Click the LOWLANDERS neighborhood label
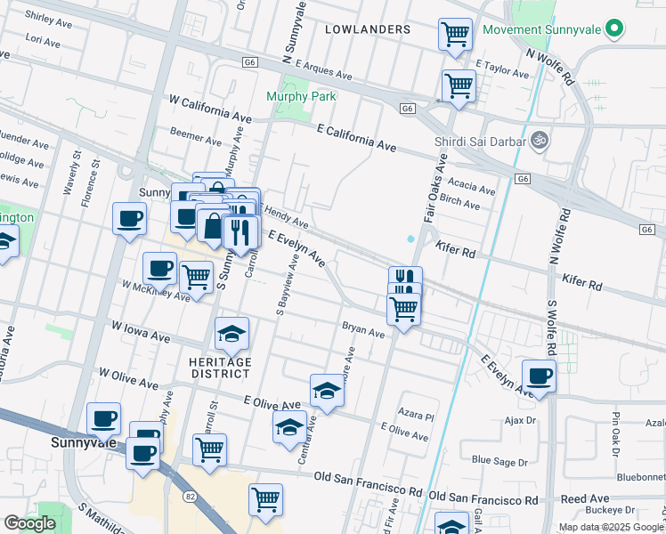[368, 29]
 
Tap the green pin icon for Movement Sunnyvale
[613, 29]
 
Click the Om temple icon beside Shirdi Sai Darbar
[538, 140]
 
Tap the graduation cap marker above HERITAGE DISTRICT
[231, 334]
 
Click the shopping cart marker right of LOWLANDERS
[456, 36]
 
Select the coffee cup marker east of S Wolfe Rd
[538, 376]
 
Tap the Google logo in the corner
[31, 523]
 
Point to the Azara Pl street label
[416, 416]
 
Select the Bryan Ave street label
[363, 331]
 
